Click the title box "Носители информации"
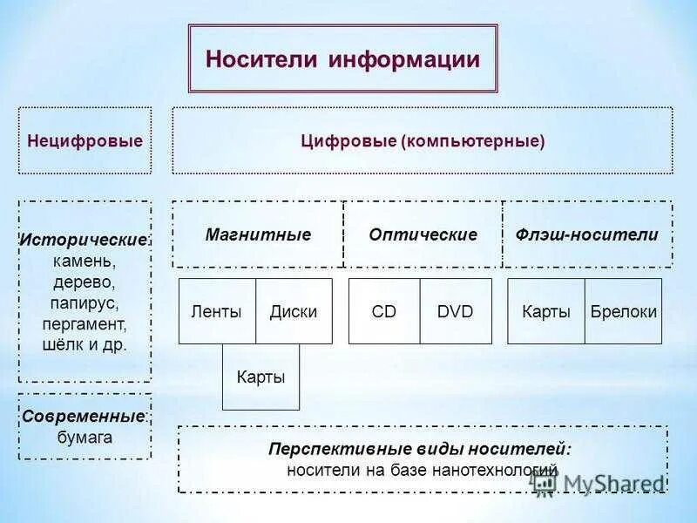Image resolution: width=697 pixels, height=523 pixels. tap(342, 58)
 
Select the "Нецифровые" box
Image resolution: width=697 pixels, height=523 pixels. tap(85, 140)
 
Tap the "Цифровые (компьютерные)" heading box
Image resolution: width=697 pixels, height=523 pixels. tap(423, 140)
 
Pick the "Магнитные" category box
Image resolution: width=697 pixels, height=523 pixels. tap(258, 234)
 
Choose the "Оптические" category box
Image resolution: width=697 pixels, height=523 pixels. tap(423, 234)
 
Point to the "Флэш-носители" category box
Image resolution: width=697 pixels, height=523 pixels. tap(587, 234)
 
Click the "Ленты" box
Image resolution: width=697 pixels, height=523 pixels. tap(216, 311)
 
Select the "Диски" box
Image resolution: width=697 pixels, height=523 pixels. tap(294, 311)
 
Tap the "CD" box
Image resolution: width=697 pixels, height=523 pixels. tap(384, 311)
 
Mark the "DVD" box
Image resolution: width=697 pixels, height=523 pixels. tap(456, 311)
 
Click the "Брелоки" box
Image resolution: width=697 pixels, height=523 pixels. tap(624, 311)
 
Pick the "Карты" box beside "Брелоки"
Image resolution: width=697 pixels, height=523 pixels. tap(546, 311)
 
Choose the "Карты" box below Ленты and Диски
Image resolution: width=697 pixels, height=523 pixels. tap(261, 377)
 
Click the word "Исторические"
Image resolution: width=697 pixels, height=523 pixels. tap(84, 239)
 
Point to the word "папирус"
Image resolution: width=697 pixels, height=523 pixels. tap(85, 302)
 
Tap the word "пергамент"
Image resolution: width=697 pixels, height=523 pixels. tap(85, 323)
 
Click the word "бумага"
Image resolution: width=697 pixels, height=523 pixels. tap(85, 437)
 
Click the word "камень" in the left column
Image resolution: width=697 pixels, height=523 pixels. tap(85, 260)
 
